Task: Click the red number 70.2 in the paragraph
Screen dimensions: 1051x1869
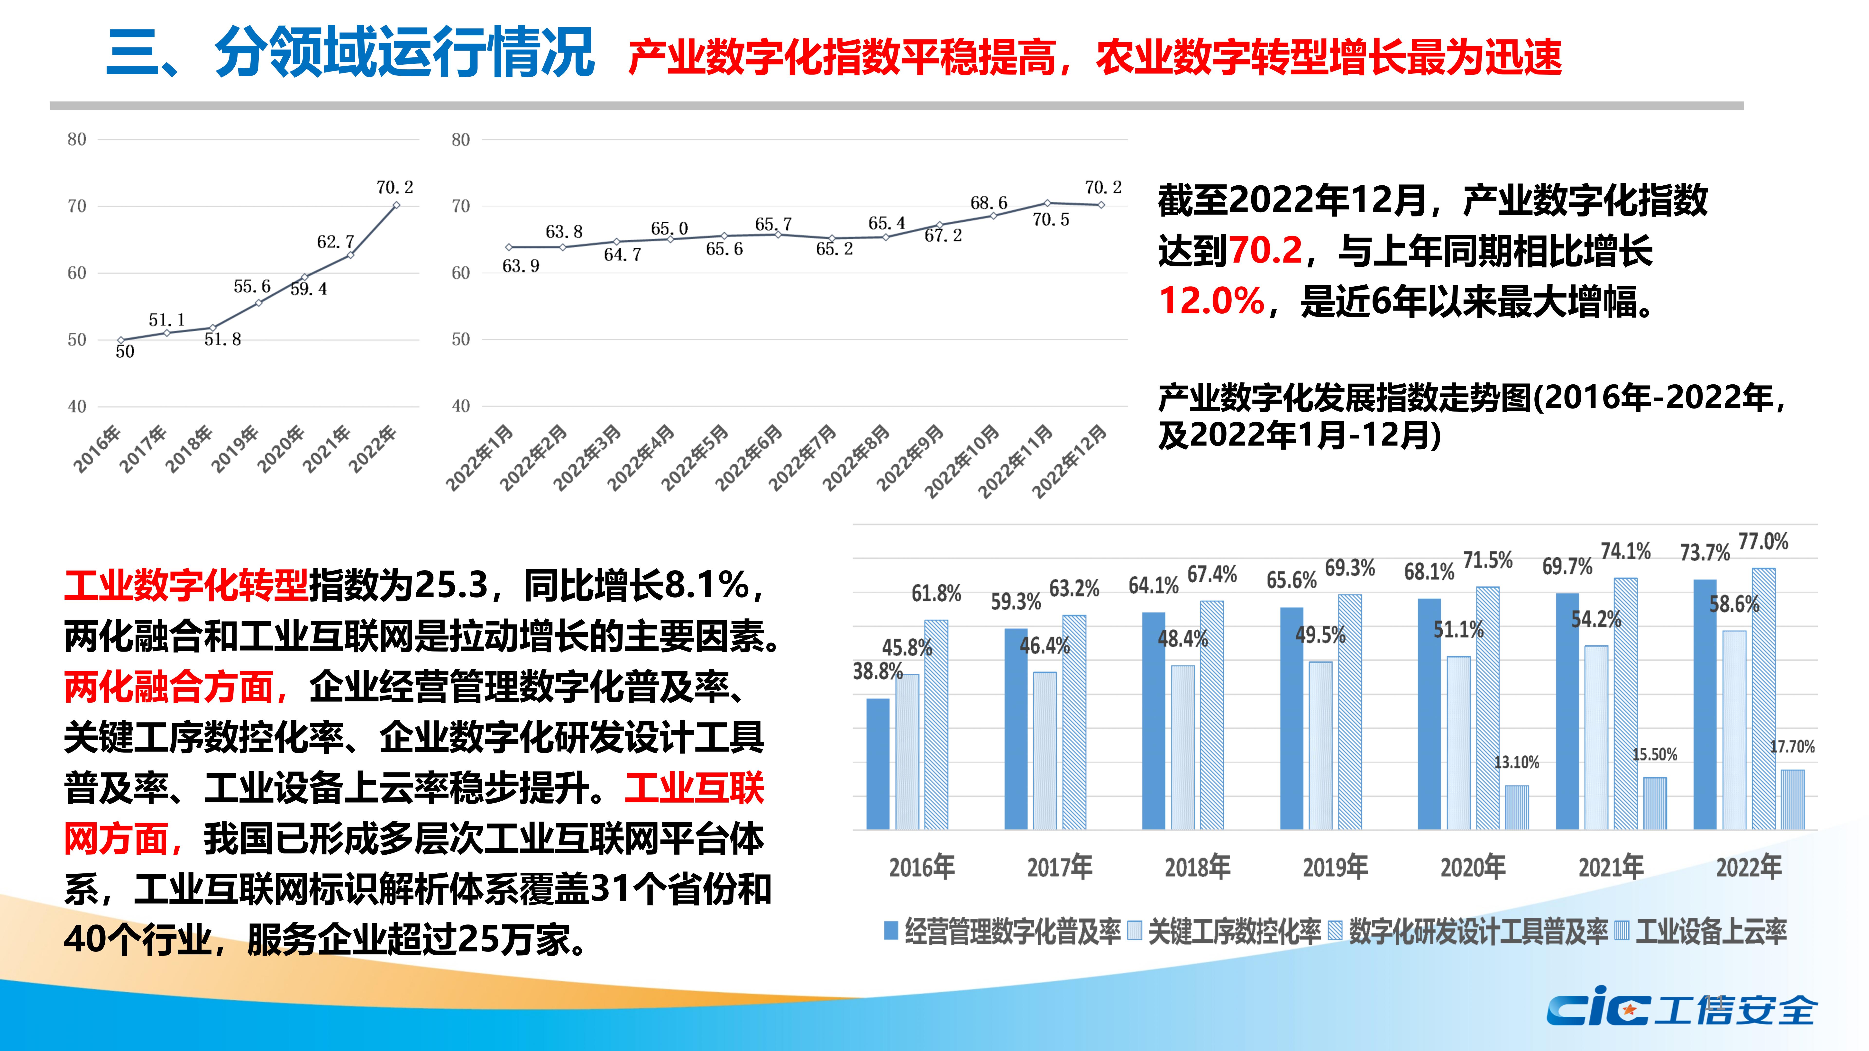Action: [x=1266, y=250]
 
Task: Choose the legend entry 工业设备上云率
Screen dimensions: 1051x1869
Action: [x=1710, y=931]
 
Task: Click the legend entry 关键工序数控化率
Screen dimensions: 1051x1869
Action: [x=1233, y=931]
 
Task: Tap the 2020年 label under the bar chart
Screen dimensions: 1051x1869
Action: [x=1473, y=867]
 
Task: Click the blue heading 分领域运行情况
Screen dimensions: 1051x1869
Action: [x=404, y=52]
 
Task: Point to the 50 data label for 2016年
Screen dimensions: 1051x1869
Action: [x=125, y=352]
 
